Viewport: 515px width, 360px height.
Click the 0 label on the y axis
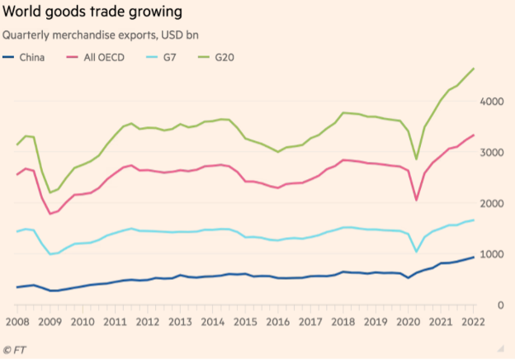click(500, 306)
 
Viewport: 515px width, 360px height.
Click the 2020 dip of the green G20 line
click(416, 159)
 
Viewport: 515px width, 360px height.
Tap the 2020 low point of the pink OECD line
click(416, 200)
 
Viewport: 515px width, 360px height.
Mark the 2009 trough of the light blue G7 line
click(50, 254)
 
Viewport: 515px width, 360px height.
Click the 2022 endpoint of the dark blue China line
click(473, 258)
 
